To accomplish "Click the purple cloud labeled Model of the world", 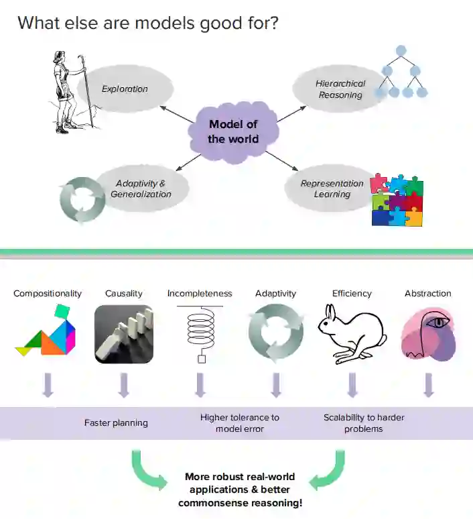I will pyautogui.click(x=232, y=131).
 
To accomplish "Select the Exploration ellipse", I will pyautogui.click(x=125, y=89).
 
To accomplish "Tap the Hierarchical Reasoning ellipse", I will pyautogui.click(x=340, y=89).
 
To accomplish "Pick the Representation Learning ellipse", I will pyautogui.click(x=332, y=188).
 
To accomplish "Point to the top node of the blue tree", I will pyautogui.click(x=401, y=50).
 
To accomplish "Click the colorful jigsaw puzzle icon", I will pyautogui.click(x=397, y=200).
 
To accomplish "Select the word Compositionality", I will pyautogui.click(x=48, y=293).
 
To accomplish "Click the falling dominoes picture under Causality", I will pyautogui.click(x=124, y=335).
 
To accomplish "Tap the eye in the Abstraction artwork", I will pyautogui.click(x=439, y=323).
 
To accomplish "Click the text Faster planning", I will pyautogui.click(x=116, y=422).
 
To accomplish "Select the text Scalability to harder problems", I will pyautogui.click(x=364, y=422).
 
